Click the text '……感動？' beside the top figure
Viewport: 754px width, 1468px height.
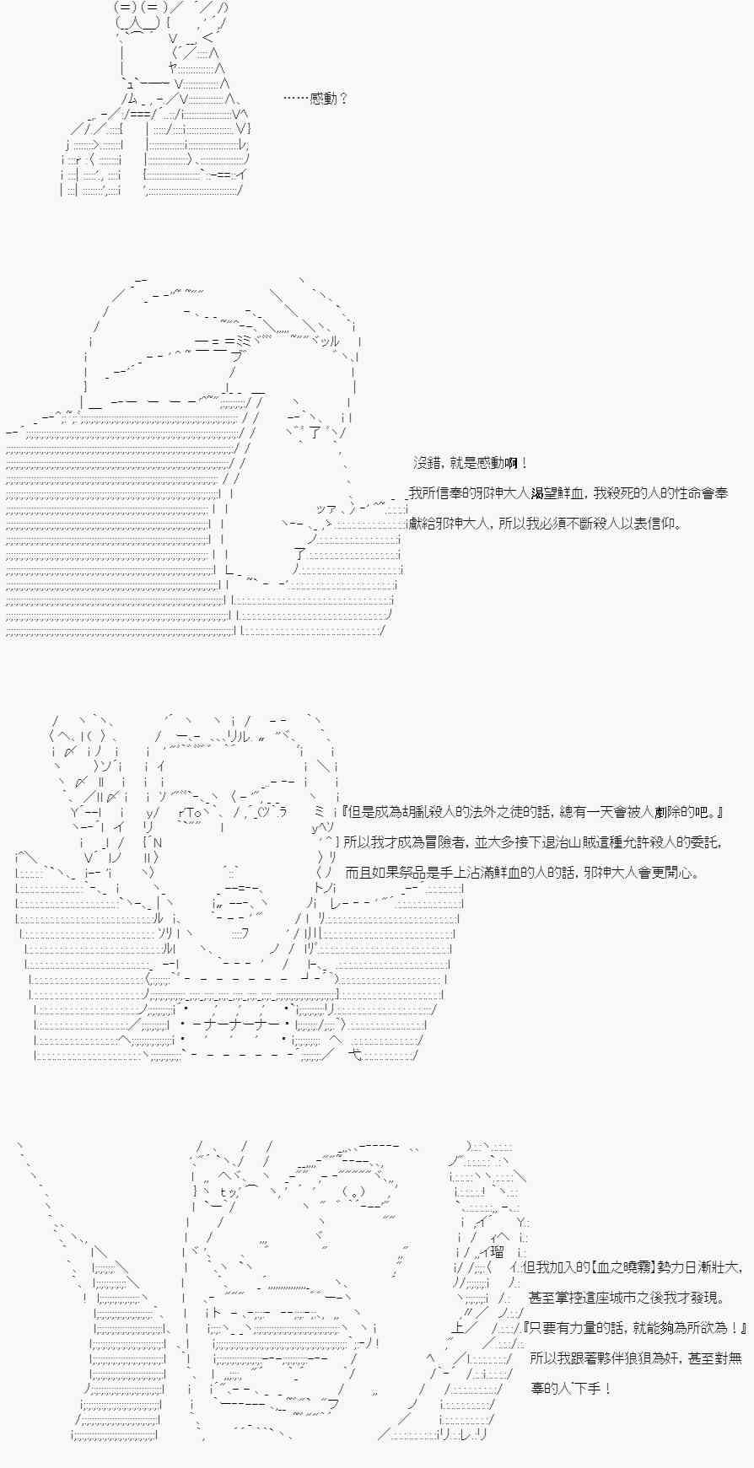click(315, 99)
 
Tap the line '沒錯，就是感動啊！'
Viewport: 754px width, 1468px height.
click(471, 463)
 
